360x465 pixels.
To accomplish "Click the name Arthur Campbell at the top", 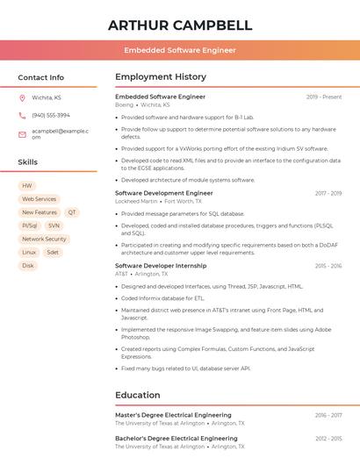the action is pyautogui.click(x=180, y=25).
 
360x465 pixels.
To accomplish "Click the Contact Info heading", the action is pyautogui.click(x=41, y=77).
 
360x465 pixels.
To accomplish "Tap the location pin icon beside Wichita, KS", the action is pyautogui.click(x=22, y=97).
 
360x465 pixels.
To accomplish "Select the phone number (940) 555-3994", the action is pyautogui.click(x=51, y=115).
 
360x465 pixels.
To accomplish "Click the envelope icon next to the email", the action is pyautogui.click(x=22, y=133).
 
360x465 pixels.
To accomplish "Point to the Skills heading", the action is pyautogui.click(x=28, y=162).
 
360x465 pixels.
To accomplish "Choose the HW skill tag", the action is pyautogui.click(x=26, y=186).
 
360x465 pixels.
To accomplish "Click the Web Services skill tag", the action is pyautogui.click(x=39, y=199).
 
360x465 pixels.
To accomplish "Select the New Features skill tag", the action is pyautogui.click(x=39, y=212).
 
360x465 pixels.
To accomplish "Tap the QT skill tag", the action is pyautogui.click(x=72, y=212).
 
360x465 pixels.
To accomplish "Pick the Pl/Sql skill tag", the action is pyautogui.click(x=30, y=225).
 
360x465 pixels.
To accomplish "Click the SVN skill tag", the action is pyautogui.click(x=54, y=225).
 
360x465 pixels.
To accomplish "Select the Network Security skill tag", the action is pyautogui.click(x=44, y=239).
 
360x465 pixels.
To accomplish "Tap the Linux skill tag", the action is pyautogui.click(x=29, y=252).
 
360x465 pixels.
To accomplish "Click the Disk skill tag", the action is pyautogui.click(x=28, y=265).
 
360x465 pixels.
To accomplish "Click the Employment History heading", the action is pyautogui.click(x=161, y=77).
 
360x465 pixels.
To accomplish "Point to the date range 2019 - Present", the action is pyautogui.click(x=324, y=97).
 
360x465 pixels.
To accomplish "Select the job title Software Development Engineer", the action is pyautogui.click(x=164, y=193).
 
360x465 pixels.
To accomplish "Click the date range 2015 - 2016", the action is pyautogui.click(x=328, y=265).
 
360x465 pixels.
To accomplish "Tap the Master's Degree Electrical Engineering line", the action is pyautogui.click(x=173, y=415).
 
